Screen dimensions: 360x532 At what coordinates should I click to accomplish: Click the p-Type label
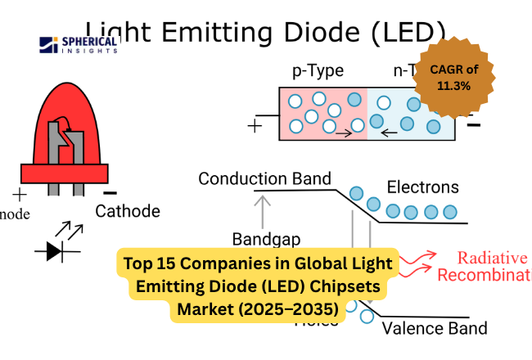318,71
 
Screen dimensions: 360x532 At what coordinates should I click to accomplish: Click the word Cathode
128,211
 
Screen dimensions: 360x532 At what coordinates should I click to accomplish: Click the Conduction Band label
264,178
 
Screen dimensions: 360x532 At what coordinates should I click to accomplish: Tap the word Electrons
422,187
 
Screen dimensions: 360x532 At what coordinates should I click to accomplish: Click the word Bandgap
267,240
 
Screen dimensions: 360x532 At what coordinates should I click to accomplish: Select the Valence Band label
434,328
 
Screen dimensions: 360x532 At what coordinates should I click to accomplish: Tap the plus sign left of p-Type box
255,127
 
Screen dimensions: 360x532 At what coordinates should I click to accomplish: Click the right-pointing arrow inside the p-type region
345,131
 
